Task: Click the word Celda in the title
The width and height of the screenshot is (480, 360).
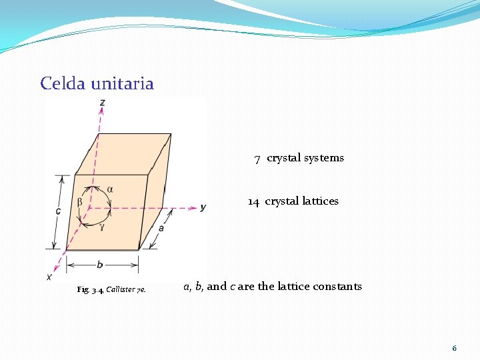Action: [x=61, y=83]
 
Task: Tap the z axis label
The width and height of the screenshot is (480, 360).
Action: [x=101, y=102]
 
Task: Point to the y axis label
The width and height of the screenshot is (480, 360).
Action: [x=203, y=207]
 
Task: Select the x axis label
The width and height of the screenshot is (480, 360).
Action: [x=49, y=276]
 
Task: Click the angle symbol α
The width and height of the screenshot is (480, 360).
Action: [x=110, y=189]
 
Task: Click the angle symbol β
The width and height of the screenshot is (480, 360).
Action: [x=80, y=201]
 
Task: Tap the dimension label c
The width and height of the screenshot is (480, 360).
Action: [x=58, y=211]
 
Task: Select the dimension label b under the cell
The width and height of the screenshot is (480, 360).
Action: [x=99, y=265]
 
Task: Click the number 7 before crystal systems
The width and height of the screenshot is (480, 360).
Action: [x=257, y=159]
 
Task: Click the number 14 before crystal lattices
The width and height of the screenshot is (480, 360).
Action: [x=253, y=201]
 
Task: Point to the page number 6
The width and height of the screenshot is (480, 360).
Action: [x=454, y=348]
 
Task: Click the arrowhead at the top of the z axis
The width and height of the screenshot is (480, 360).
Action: [x=101, y=113]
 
